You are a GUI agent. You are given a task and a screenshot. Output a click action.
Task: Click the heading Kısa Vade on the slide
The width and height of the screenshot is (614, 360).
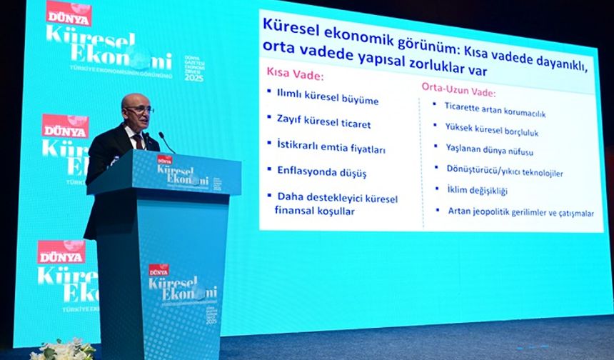[295, 74]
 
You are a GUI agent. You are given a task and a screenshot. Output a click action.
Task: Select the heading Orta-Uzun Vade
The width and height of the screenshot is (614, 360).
[458, 92]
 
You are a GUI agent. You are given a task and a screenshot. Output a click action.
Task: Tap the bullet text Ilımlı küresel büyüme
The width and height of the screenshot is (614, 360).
[328, 99]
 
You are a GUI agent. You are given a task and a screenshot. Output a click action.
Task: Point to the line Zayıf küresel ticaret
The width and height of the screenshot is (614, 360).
[323, 124]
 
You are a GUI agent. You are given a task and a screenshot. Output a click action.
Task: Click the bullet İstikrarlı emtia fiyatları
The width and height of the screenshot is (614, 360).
[331, 149]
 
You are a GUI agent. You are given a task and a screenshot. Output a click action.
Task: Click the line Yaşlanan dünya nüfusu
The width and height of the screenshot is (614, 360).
[489, 151]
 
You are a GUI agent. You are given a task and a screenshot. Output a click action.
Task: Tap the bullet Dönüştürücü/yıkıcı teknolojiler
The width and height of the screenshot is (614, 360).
[505, 172]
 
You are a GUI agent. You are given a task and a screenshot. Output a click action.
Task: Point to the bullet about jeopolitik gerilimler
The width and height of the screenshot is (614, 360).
[520, 211]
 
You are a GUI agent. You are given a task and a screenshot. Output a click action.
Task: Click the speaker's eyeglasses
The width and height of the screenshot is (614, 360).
[139, 109]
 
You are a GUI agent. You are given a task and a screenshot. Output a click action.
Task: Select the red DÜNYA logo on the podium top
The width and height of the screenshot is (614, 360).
[165, 159]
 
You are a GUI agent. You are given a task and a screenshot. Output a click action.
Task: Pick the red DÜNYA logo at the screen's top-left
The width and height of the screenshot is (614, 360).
[69, 12]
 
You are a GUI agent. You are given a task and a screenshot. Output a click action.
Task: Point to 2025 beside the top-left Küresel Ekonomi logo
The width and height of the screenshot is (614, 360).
[193, 77]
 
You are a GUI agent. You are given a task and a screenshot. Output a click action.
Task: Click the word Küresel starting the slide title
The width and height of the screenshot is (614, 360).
[289, 24]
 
